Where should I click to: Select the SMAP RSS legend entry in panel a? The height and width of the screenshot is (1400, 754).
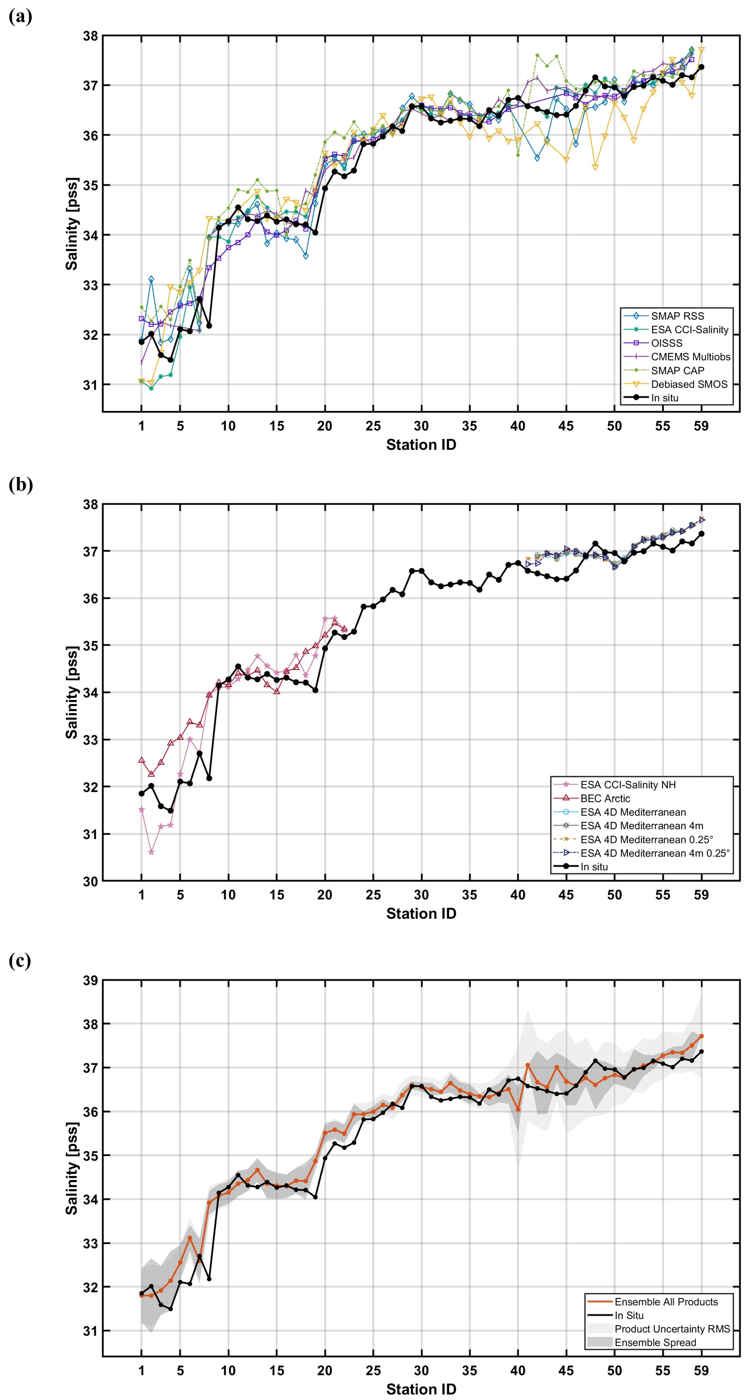coord(677,316)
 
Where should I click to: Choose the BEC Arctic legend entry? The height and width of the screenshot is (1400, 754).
coord(604,798)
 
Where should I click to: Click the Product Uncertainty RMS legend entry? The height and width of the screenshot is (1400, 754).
coord(672,1329)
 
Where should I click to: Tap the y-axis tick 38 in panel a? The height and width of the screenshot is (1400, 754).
coord(90,36)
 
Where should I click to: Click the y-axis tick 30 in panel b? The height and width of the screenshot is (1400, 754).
coord(90,881)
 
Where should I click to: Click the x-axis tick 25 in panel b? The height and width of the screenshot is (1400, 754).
coord(373,895)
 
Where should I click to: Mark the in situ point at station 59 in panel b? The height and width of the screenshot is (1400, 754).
coord(701,534)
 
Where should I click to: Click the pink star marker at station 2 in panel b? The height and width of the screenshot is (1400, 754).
coord(151,852)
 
